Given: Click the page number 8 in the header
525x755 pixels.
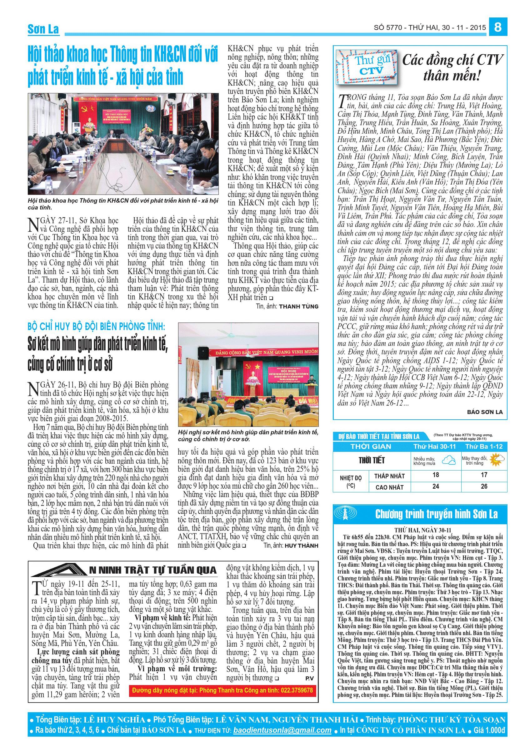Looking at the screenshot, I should (498, 27).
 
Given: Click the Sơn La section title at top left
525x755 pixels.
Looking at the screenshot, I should (43, 29).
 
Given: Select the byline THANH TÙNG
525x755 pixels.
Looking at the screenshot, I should (299, 306).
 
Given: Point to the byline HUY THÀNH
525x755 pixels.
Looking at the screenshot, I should (301, 545).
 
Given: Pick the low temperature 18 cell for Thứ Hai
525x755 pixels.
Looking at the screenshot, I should (436, 475).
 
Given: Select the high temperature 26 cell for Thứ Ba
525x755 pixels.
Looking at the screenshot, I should (484, 486).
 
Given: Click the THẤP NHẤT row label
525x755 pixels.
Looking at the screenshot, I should (389, 476).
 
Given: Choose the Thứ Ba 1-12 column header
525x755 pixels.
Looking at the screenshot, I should (483, 447).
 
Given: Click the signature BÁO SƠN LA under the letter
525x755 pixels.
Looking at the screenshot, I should (485, 412).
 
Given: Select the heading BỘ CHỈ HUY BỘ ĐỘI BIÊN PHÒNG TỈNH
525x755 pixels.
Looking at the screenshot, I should (97, 327).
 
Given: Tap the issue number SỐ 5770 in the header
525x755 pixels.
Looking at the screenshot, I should (388, 28).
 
